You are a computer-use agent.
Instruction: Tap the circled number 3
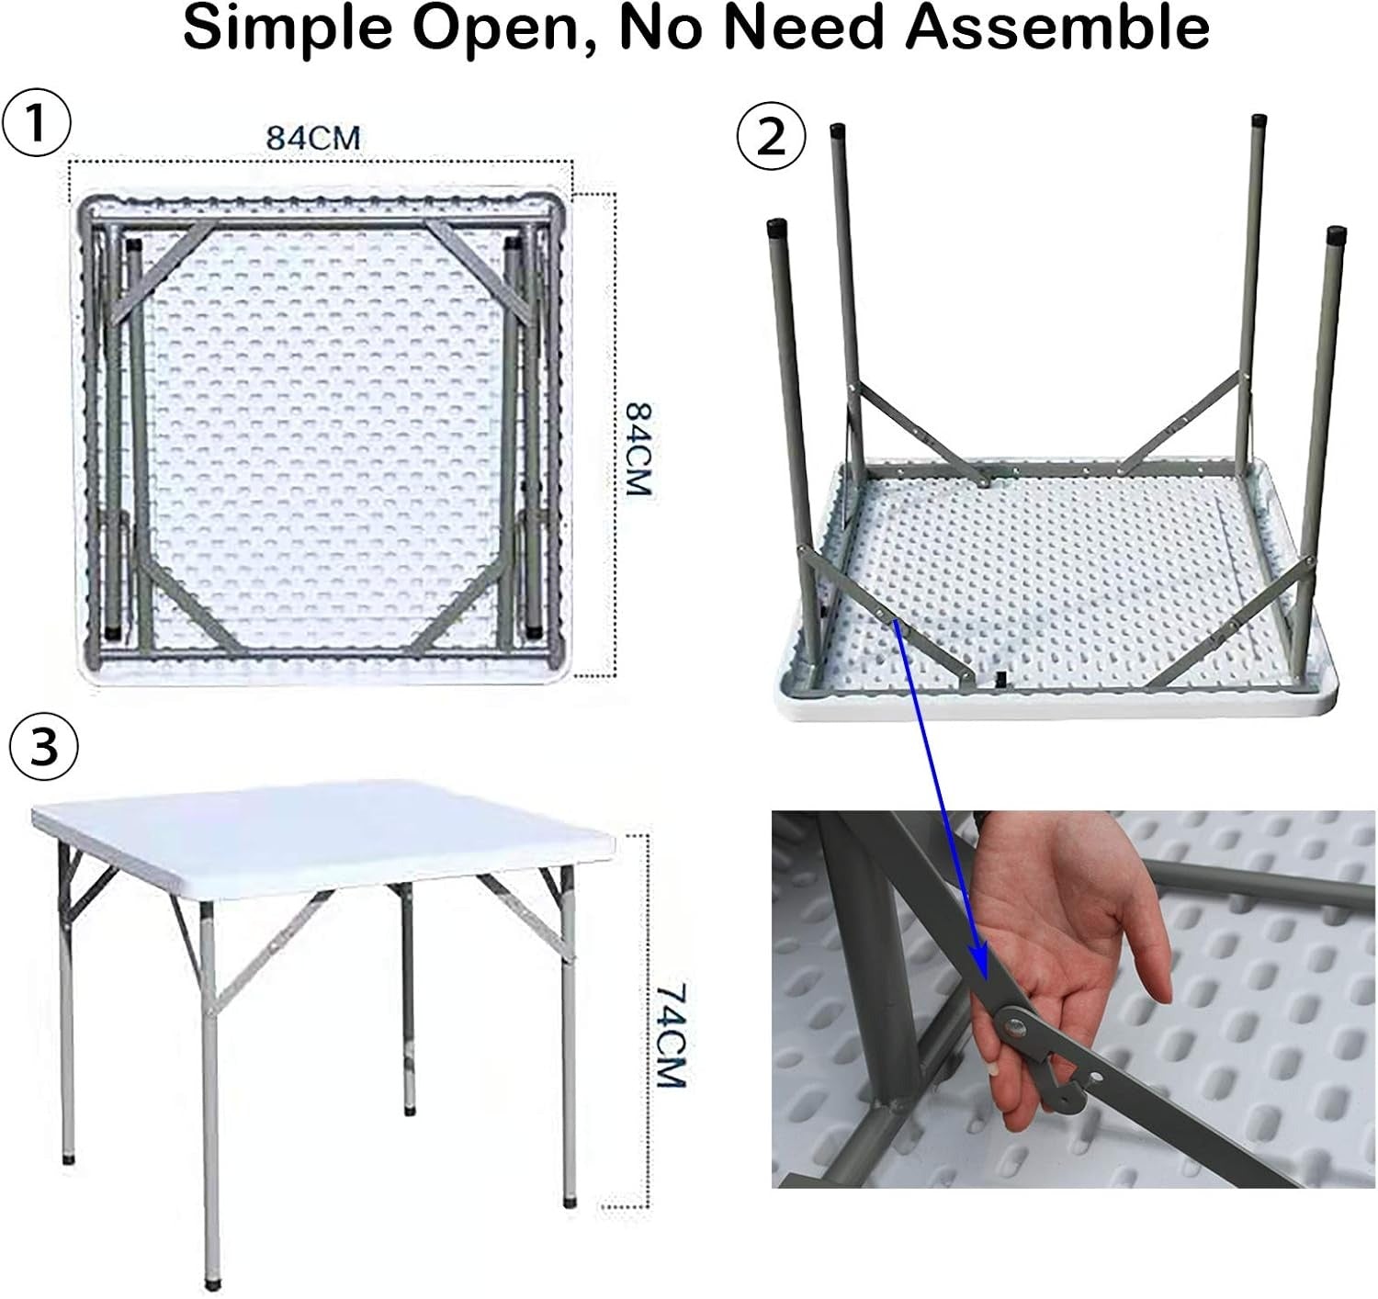(44, 748)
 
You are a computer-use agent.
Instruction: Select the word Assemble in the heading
(1057, 27)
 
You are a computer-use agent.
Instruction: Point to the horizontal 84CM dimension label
(313, 138)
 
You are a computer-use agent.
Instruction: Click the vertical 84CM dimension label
(638, 448)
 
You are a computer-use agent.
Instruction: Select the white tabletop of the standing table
(323, 835)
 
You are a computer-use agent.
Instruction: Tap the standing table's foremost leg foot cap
(212, 1284)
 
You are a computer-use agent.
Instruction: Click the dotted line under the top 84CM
(322, 162)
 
